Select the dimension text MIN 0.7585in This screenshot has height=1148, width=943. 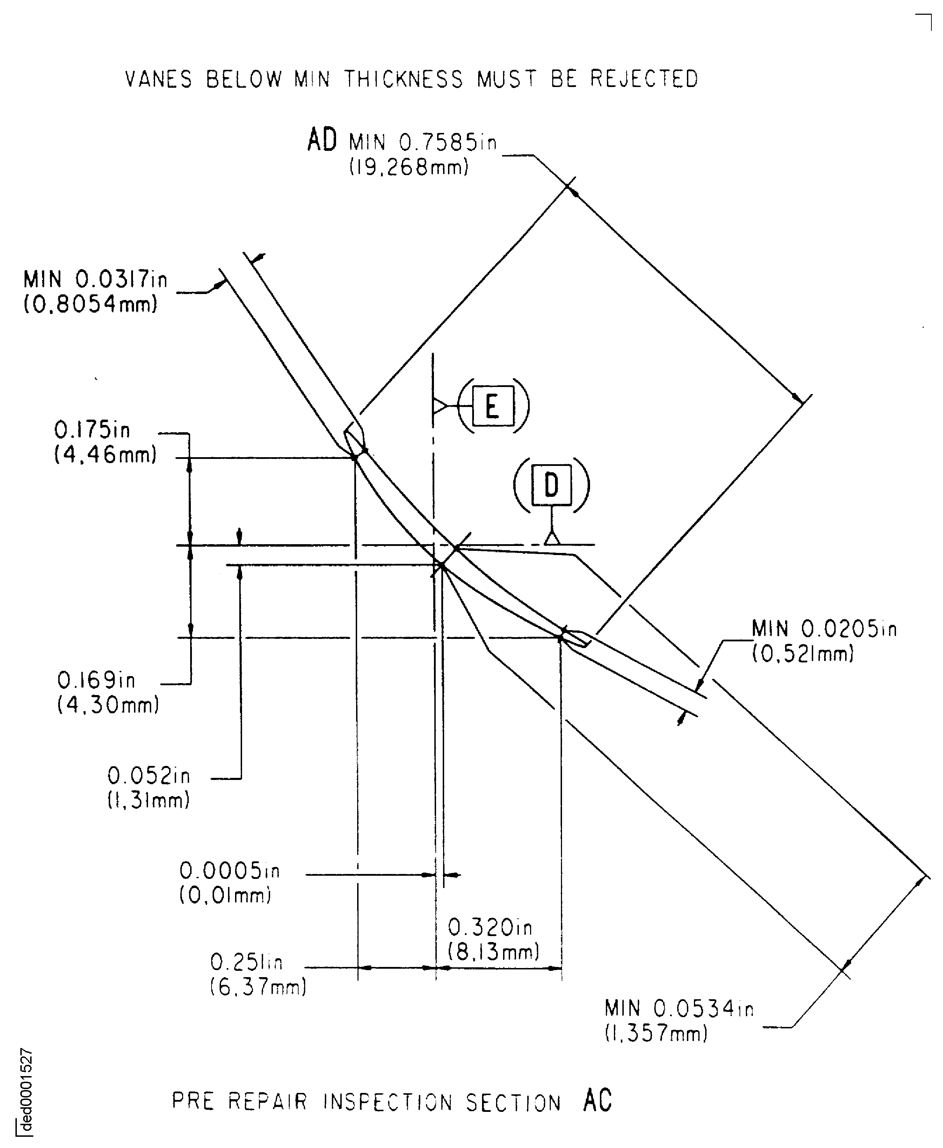click(423, 142)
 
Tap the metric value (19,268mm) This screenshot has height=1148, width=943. click(408, 167)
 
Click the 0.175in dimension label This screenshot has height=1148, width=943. click(92, 430)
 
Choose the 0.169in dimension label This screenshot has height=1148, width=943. click(96, 680)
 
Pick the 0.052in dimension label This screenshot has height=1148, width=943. click(149, 776)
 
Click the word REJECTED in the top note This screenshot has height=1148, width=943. click(644, 79)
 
